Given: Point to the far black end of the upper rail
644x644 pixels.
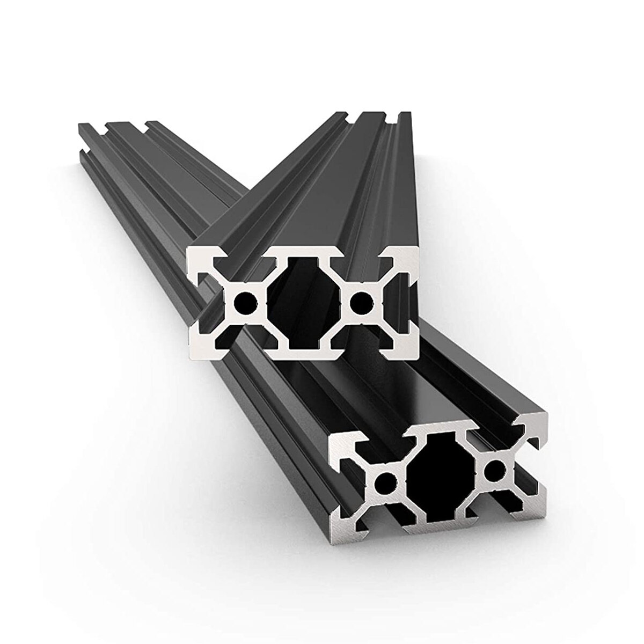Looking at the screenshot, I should coord(370,115).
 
